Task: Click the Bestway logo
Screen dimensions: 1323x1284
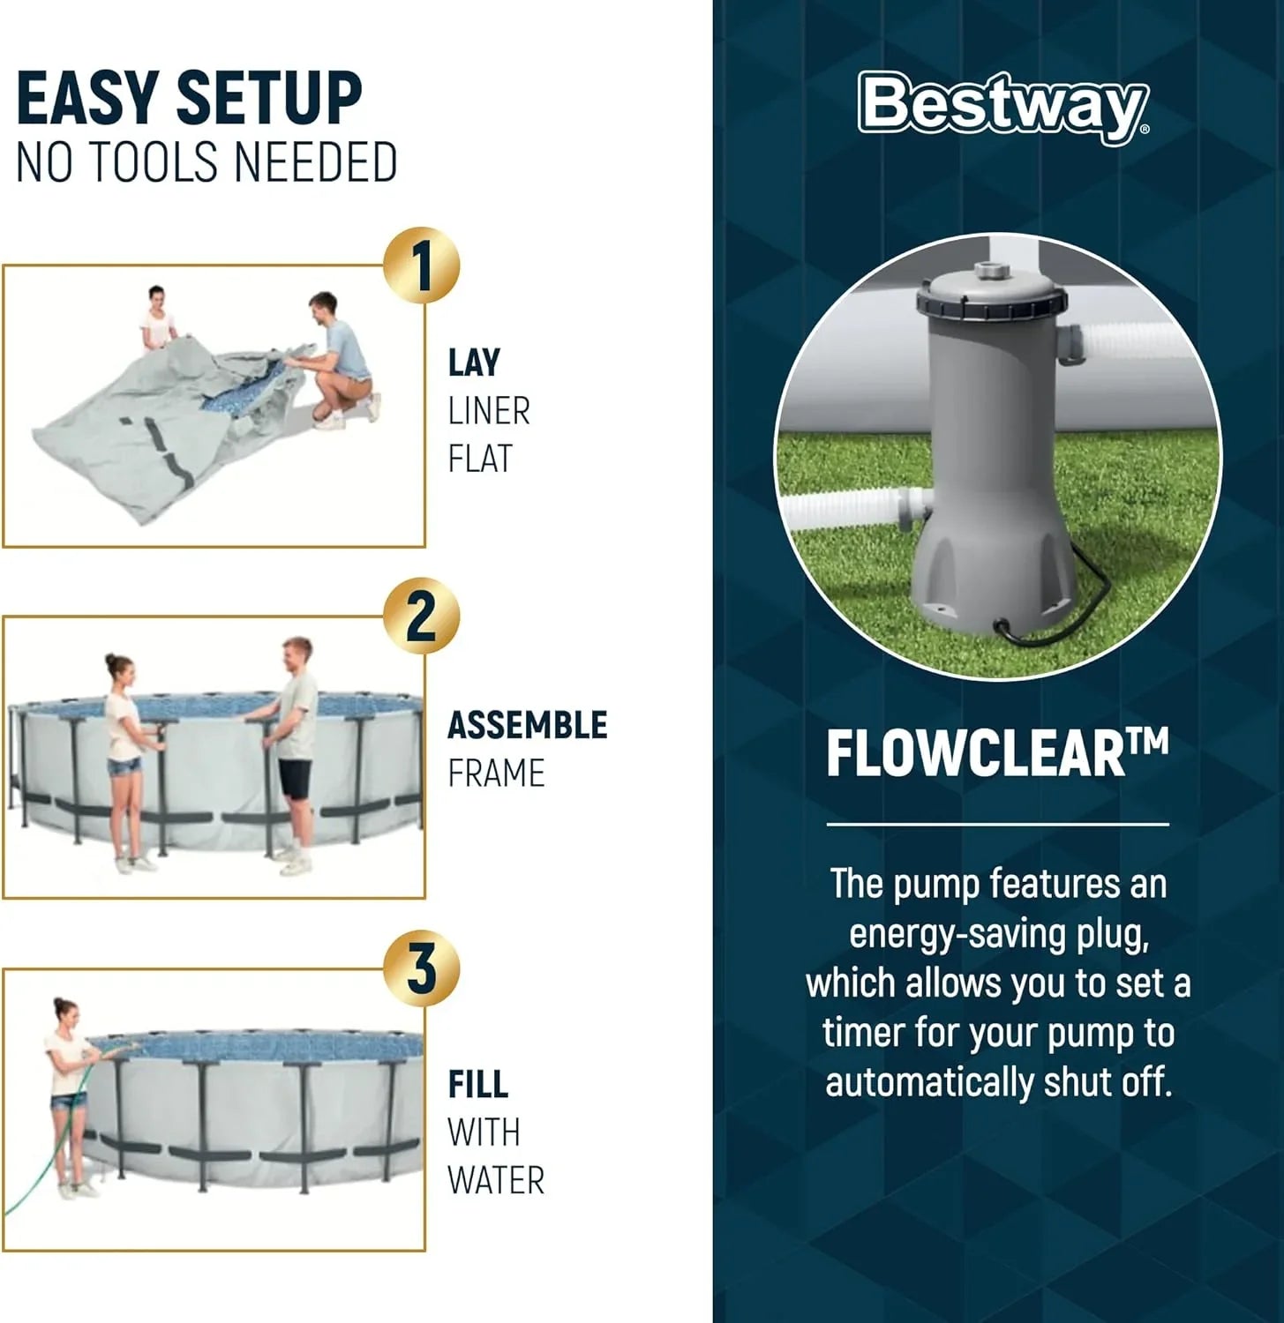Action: pos(1003,107)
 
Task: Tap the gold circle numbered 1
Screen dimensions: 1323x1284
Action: pos(421,265)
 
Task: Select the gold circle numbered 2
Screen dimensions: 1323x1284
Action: pos(421,617)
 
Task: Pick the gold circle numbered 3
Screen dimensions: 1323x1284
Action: pos(421,968)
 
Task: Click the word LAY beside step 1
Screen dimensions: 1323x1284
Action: pos(474,363)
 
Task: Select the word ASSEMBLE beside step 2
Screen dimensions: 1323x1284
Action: pos(527,726)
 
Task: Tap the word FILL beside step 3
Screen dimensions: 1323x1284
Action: pos(477,1085)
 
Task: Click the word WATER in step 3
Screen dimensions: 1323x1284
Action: pos(495,1180)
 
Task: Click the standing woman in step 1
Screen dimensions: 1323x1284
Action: pos(155,320)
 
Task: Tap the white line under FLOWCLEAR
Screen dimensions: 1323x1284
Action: pos(997,825)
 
